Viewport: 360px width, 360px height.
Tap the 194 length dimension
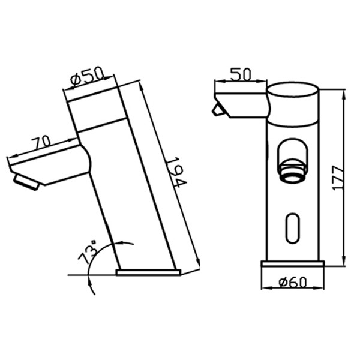click(176, 172)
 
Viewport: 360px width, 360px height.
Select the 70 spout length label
click(41, 143)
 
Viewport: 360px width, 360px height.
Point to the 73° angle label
click(88, 252)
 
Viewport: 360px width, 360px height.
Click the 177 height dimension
click(338, 178)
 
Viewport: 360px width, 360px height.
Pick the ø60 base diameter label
click(293, 283)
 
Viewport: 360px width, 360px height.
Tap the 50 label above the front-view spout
click(241, 74)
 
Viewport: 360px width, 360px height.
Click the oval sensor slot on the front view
click(293, 228)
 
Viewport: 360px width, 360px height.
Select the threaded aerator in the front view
click(292, 170)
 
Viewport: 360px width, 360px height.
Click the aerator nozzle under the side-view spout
click(26, 182)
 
